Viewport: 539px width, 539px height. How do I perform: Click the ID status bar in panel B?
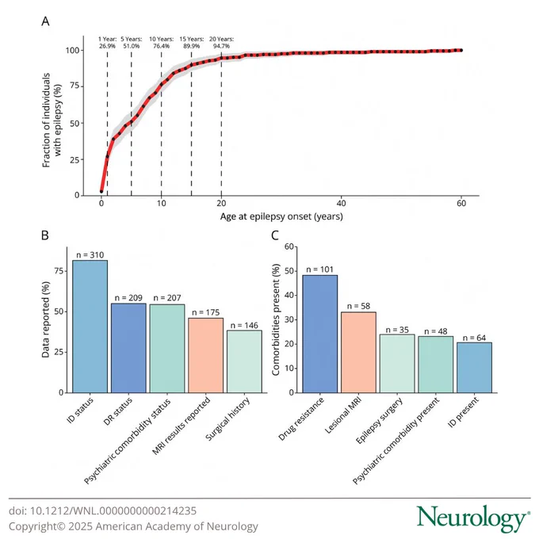tap(90, 327)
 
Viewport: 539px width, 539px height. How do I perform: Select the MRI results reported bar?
tap(205, 355)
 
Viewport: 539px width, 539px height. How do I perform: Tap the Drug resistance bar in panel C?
tap(320, 334)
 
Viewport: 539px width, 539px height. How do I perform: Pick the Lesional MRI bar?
tap(358, 353)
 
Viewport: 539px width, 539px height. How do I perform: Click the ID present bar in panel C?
tap(474, 368)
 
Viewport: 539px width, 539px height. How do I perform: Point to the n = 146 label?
tap(244, 325)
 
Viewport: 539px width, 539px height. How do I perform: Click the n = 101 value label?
tap(320, 269)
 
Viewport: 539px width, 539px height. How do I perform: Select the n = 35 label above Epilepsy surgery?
tap(397, 330)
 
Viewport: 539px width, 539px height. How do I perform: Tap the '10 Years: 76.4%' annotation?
tap(161, 42)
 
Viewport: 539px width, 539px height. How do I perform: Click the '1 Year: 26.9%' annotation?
tap(107, 42)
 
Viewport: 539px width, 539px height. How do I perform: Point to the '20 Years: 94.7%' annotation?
tap(221, 42)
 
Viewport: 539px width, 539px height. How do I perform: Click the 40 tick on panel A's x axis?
tap(341, 204)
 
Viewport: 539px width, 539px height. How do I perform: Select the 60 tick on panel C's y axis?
tap(289, 247)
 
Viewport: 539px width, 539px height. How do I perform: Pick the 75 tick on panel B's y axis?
tap(59, 271)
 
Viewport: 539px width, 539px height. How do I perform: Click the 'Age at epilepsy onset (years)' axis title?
tap(281, 216)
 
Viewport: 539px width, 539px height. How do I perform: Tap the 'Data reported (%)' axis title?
tap(46, 319)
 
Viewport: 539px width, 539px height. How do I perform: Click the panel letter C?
tap(275, 235)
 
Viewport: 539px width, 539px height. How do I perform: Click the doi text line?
tap(102, 510)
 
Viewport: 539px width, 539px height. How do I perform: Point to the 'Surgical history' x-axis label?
tap(227, 419)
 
